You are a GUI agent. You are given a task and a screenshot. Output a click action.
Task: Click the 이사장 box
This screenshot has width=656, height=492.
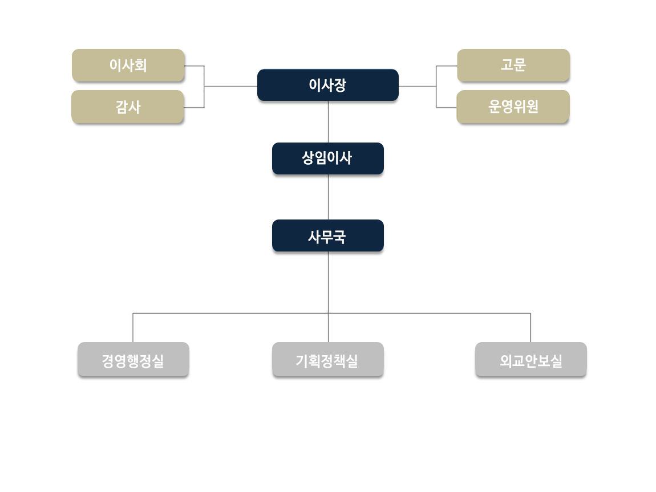327,86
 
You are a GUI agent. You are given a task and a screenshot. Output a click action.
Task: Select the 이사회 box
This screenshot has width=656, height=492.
128,66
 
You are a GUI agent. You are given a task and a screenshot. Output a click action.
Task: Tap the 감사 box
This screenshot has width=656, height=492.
128,107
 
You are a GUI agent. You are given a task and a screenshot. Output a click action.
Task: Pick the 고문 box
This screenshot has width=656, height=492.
513,66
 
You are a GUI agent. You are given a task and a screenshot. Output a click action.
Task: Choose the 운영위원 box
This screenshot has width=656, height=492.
513,107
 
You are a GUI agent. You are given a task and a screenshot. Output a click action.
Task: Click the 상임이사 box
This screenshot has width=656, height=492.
328,158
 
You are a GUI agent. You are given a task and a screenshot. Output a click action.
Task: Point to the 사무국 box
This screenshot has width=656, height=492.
328,236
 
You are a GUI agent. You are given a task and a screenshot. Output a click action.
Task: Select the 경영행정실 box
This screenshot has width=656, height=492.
133,360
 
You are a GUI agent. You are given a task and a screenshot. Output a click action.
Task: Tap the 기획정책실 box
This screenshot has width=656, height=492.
328,360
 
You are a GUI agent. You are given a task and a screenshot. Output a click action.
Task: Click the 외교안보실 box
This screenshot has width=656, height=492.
531,360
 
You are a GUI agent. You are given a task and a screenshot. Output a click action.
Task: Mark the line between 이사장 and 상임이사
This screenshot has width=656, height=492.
329,121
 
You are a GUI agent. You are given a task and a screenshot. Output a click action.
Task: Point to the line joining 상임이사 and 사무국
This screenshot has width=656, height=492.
329,197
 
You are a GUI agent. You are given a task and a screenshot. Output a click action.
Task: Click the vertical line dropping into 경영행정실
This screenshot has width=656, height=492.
133,328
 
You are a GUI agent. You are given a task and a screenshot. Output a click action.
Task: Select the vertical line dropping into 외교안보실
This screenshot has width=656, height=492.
531,328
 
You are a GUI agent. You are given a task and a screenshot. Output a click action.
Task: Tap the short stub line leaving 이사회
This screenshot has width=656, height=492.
194,66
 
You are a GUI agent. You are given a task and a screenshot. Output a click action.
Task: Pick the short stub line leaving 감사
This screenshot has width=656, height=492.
194,107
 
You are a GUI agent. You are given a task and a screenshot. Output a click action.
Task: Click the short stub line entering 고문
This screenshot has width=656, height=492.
447,66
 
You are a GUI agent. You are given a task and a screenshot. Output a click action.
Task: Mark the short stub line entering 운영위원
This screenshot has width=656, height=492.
447,107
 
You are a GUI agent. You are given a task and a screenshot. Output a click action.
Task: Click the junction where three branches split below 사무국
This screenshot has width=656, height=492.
329,313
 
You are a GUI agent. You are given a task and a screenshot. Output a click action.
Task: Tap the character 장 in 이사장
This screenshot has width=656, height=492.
340,86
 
